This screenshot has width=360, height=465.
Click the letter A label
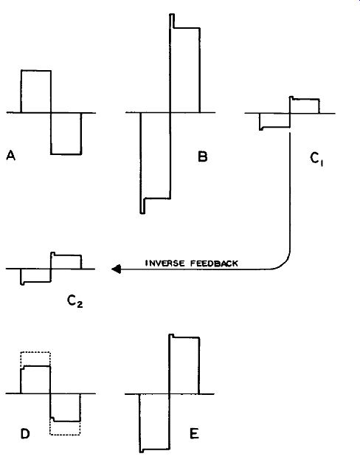[x=10, y=156]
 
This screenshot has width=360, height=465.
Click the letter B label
[x=203, y=156]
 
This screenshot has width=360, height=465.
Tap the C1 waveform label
[x=316, y=159]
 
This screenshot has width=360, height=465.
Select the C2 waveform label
[x=75, y=301]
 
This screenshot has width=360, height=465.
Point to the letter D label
[x=25, y=434]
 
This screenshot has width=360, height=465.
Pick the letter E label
[x=194, y=434]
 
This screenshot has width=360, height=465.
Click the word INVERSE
[x=165, y=263]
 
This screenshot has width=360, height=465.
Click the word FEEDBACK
[x=214, y=263]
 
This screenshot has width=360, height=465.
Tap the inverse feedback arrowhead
[x=116, y=269]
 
